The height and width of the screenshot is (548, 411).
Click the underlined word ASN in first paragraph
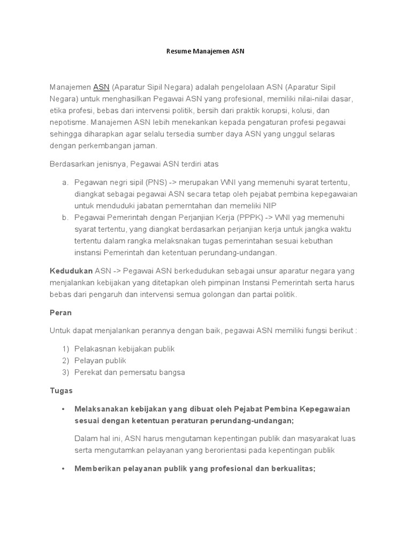tap(101, 87)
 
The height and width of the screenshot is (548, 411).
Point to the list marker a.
tap(64, 182)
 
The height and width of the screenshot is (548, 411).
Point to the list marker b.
tap(64, 217)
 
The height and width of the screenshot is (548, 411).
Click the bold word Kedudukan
tap(71, 271)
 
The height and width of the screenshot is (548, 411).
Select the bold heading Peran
tap(60, 313)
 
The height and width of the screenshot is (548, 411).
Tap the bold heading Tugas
tap(61, 391)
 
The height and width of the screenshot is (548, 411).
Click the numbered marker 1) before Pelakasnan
tap(66, 349)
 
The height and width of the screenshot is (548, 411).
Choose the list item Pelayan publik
tap(100, 361)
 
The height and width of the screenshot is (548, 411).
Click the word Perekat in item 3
tap(87, 372)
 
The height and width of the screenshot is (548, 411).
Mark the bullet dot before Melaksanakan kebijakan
tap(63, 409)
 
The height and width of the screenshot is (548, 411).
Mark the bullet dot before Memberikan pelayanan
tap(63, 468)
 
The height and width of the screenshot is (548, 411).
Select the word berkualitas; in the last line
tap(290, 468)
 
